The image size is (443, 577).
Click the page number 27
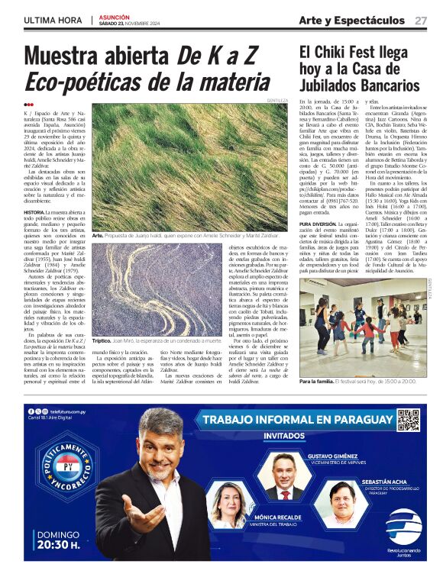[421, 20]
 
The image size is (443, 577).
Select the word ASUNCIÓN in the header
[115, 15]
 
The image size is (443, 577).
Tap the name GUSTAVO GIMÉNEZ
[334, 456]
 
